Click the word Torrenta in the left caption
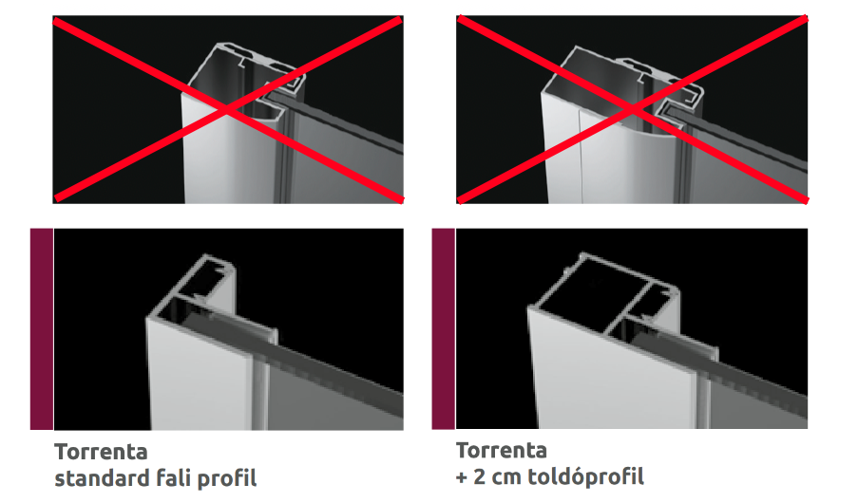pyautogui.click(x=102, y=452)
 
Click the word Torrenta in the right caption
pyautogui.click(x=502, y=451)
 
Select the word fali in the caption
pyautogui.click(x=174, y=478)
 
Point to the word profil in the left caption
pyautogui.click(x=227, y=479)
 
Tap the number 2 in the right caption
pyautogui.click(x=479, y=476)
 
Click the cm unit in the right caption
pyautogui.click(x=506, y=479)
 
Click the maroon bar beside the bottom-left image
pyautogui.click(x=42, y=329)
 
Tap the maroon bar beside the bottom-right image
pyautogui.click(x=443, y=328)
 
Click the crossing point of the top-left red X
pyautogui.click(x=228, y=109)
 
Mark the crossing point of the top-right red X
pyautogui.click(x=632, y=109)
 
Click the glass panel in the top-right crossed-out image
pyautogui.click(x=750, y=164)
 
